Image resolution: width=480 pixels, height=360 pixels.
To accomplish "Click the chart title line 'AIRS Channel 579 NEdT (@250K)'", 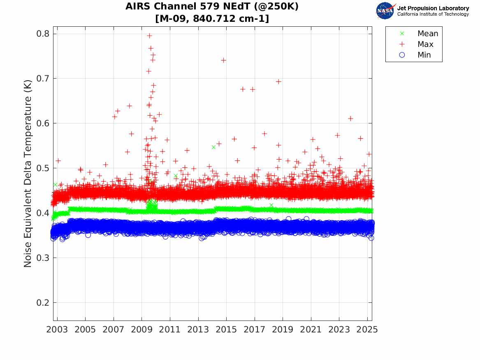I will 212,7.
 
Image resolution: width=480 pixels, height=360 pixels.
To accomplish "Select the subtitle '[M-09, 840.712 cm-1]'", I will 212,19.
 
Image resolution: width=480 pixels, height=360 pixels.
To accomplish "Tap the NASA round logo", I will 385,11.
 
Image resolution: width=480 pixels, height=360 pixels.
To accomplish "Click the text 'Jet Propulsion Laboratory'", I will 433,8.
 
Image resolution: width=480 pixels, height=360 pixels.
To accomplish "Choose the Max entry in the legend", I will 425,44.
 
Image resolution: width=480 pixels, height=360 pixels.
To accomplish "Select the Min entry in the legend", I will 424,55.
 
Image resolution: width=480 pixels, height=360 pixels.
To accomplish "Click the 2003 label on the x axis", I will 57,330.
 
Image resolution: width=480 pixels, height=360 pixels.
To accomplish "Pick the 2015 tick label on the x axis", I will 226,330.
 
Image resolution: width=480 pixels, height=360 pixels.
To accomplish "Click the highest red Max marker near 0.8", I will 149,36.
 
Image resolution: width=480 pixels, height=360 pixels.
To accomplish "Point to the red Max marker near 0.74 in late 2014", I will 223,60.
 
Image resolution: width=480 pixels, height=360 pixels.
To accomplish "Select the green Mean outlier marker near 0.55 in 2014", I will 213,147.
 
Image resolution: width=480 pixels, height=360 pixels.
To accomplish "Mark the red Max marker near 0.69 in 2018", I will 278,81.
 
